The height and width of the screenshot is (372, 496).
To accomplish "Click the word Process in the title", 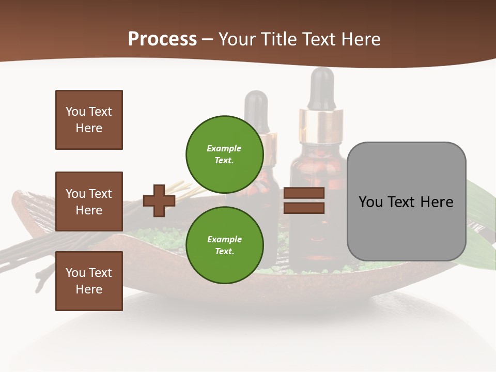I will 162,39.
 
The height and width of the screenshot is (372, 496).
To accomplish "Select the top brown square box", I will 89,120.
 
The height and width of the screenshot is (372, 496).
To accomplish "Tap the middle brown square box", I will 89,202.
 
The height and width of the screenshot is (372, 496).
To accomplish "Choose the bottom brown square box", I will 89,281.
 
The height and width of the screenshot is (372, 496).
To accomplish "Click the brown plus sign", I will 159,200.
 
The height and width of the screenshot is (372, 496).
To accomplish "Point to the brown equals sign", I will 304,200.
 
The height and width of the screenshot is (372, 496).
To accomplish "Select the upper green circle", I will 225,154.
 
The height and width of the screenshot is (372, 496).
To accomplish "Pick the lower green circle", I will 225,245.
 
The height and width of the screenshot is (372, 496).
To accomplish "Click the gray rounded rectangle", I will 406,202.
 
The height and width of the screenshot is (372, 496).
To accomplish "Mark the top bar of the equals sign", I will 304,193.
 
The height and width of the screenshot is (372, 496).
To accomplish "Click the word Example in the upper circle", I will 224,148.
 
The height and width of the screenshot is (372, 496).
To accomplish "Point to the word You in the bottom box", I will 75,273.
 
